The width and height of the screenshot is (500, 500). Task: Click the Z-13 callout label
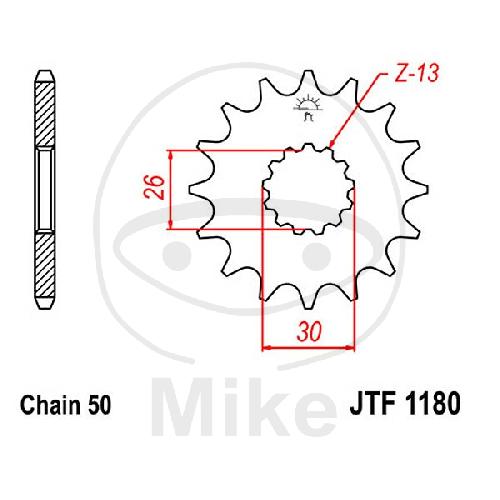click(416, 73)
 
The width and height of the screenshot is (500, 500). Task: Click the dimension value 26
click(155, 187)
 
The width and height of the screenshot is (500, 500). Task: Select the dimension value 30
click(310, 332)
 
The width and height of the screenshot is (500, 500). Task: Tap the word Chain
click(50, 405)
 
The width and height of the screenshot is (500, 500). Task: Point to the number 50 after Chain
click(99, 405)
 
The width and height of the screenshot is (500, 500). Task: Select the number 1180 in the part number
click(433, 403)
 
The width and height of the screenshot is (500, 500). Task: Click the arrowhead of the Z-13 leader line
click(332, 143)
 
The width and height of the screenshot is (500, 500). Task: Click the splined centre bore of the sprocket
click(308, 189)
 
